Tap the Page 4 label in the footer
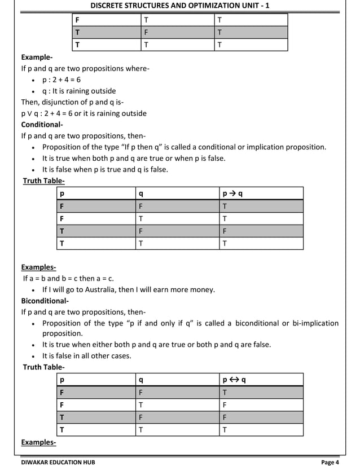tap(330, 461)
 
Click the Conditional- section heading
tap(42, 125)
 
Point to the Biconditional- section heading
tap(45, 301)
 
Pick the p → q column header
tap(233, 194)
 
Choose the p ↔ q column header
tap(234, 380)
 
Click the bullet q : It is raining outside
tap(79, 91)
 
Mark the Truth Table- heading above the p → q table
tap(43, 181)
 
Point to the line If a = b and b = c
tap(68, 278)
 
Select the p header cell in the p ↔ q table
tap(62, 380)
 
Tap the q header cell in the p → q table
tap(141, 194)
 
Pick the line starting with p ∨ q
tap(84, 113)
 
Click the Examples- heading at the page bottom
tap(38, 442)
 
